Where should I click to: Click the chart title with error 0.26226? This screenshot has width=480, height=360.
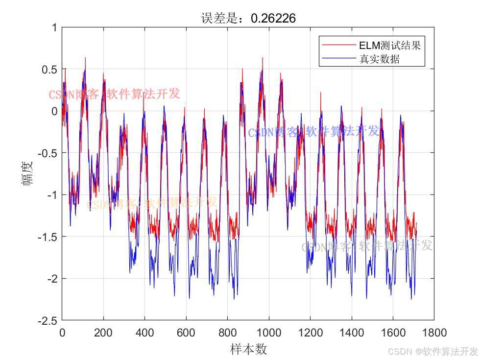[x=248, y=18]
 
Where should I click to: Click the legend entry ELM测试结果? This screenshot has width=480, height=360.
[x=390, y=46]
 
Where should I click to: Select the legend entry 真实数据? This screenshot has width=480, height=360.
[x=380, y=59]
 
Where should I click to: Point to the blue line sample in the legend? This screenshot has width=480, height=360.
[x=338, y=59]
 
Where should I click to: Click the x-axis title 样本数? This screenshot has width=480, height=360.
[x=248, y=349]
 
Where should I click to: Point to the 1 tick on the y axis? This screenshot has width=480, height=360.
[x=54, y=27]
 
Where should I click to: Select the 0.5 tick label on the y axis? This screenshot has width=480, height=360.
[x=50, y=69]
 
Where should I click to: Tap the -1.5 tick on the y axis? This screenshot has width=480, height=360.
[x=48, y=237]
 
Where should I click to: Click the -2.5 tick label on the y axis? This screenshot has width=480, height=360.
[x=48, y=320]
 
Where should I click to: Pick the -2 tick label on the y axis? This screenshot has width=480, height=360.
[x=51, y=279]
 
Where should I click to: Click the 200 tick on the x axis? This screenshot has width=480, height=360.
[x=103, y=333]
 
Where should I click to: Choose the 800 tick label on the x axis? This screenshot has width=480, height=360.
[x=227, y=333]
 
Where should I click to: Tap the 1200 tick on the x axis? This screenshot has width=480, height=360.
[x=310, y=333]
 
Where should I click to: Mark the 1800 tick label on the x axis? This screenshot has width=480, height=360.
[x=434, y=333]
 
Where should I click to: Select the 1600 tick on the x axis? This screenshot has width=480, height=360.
[x=393, y=333]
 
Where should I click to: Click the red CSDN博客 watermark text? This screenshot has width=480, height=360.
[x=114, y=94]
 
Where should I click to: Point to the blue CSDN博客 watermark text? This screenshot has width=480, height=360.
[x=313, y=131]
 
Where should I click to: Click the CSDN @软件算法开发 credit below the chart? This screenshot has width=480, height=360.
[x=432, y=351]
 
